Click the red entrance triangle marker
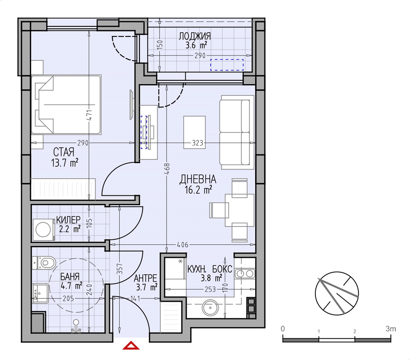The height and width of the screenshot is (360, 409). (x=131, y=346)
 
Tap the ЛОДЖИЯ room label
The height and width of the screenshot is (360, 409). (x=195, y=36)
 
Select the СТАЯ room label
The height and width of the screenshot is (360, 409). (x=64, y=152)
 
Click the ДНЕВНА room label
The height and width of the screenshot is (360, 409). (x=198, y=179)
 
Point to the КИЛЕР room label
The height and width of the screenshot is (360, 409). (x=68, y=220)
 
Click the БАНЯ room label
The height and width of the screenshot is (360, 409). (x=70, y=276)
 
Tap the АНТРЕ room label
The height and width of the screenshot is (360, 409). (x=145, y=278)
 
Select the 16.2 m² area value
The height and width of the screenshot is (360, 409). (x=198, y=190)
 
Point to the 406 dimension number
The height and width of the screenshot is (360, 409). (x=182, y=245)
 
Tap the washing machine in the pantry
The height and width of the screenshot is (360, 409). (x=44, y=230)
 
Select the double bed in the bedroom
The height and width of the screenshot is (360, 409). (x=66, y=105)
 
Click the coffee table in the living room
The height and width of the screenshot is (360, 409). (x=194, y=132)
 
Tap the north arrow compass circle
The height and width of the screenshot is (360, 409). (x=337, y=293)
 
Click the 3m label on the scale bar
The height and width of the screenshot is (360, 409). (x=391, y=329)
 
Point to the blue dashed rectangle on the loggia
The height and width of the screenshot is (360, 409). (x=227, y=65)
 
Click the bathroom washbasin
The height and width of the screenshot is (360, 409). (x=40, y=294)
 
